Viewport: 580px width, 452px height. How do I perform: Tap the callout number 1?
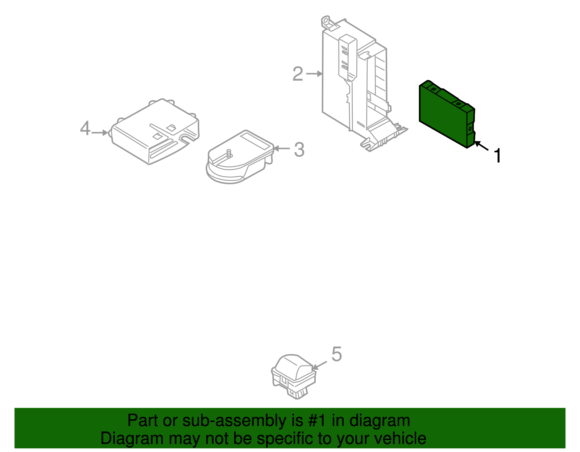498,156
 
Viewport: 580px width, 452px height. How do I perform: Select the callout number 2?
298,74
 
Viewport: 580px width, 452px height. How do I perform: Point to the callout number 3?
299,149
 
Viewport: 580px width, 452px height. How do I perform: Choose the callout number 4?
85,128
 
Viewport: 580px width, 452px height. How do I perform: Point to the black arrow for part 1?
481,146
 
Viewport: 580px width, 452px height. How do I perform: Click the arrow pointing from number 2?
314,74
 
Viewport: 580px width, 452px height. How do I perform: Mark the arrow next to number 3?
282,148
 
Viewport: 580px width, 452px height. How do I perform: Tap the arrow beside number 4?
100,133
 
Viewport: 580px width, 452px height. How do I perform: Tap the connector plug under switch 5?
298,393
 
